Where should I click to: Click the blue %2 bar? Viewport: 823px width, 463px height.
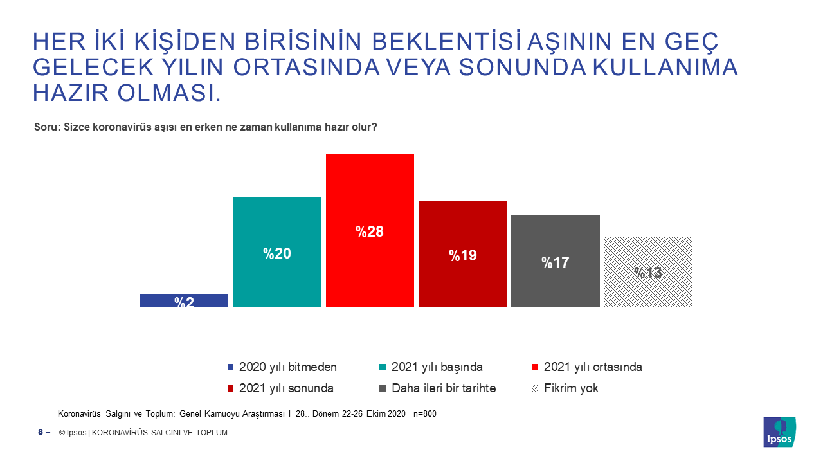point(184,300)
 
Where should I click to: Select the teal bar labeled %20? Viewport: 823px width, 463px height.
point(277,253)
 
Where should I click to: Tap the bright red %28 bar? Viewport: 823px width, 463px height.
point(370,230)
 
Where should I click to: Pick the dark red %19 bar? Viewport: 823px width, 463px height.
point(462,254)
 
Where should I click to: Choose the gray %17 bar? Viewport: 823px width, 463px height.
point(556,261)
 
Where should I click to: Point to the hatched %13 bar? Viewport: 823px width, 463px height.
point(649,272)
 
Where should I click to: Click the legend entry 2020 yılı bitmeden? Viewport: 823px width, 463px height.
point(282,367)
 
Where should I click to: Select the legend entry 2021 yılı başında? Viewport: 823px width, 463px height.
point(431,367)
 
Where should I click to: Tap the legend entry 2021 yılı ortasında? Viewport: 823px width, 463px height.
point(587,367)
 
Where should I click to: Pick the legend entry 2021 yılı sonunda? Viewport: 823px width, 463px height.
point(280,388)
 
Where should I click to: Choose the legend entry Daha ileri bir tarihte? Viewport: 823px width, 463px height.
point(438,388)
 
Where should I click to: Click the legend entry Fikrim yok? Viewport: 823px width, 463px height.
point(565,388)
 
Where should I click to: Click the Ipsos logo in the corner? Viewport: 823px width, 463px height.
point(780,432)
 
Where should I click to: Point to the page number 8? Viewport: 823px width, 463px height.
point(41,432)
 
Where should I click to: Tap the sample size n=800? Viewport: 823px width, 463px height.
point(425,413)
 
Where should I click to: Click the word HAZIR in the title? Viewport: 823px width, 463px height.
point(71,93)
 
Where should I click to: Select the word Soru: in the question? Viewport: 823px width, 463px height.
point(47,127)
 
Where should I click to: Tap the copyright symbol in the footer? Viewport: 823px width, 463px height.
point(62,433)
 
